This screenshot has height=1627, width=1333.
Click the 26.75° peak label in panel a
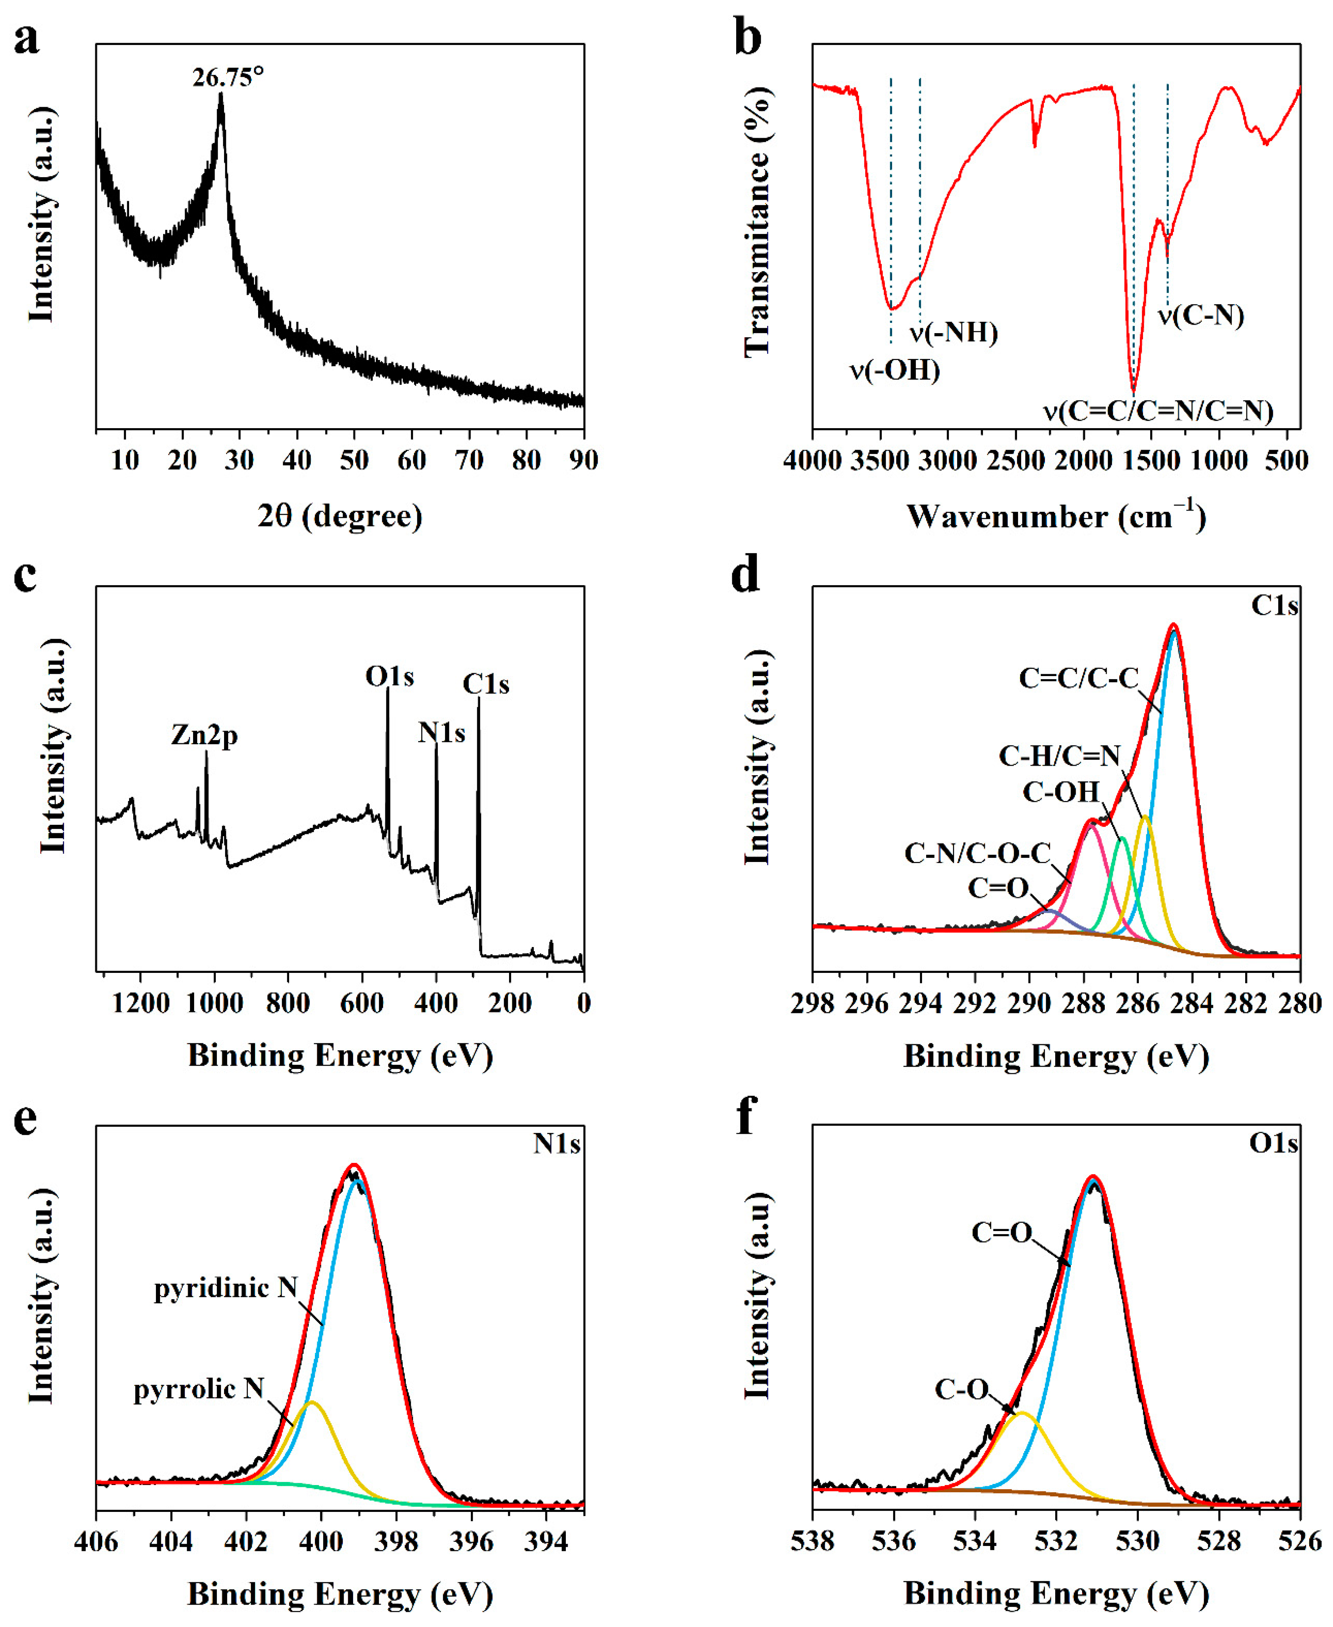[228, 78]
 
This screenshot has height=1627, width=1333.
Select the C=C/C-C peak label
[1078, 678]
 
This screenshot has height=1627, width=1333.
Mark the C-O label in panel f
[961, 1389]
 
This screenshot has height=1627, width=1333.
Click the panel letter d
[745, 574]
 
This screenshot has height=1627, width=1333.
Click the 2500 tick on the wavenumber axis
[1016, 461]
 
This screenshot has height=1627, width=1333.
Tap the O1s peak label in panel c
[389, 676]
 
